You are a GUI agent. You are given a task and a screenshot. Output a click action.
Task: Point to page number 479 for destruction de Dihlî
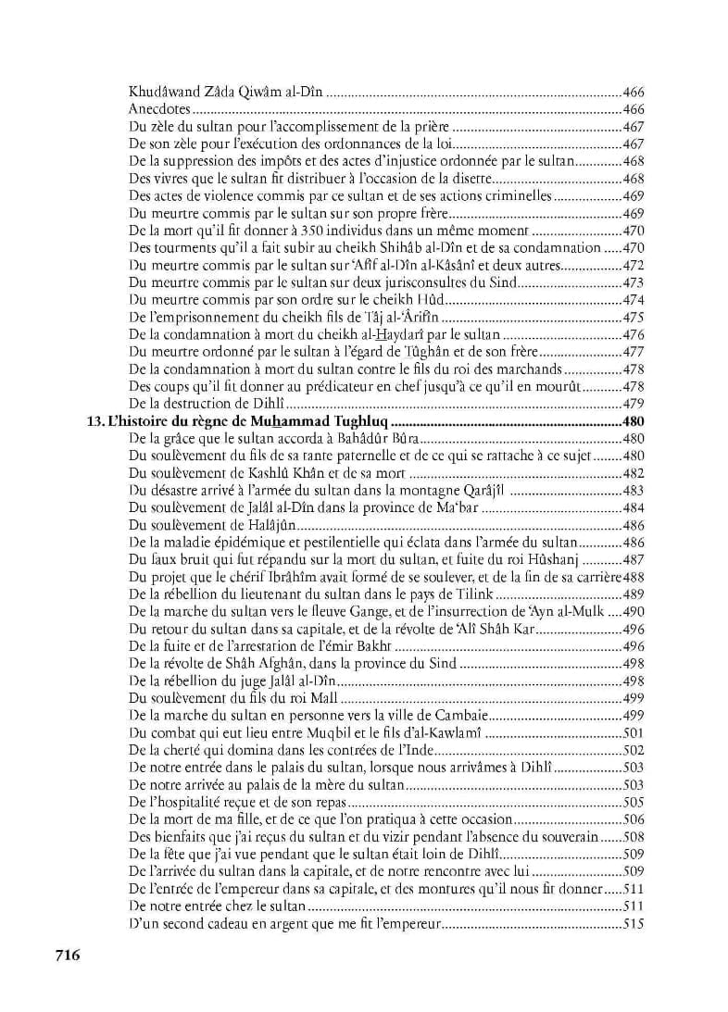pyautogui.click(x=634, y=405)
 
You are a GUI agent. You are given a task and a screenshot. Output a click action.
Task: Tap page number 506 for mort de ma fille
pyautogui.click(x=634, y=819)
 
